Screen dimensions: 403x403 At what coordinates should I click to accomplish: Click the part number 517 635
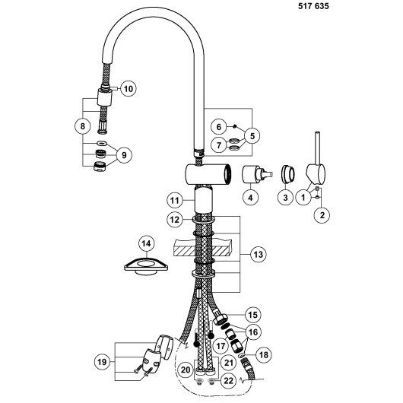pyautogui.click(x=313, y=6)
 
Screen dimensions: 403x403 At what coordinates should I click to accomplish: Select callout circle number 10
pyautogui.click(x=129, y=89)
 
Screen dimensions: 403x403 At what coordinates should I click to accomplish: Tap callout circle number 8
pyautogui.click(x=83, y=126)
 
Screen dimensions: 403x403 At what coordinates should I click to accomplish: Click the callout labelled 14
pyautogui.click(x=146, y=243)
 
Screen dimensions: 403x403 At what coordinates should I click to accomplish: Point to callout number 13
pyautogui.click(x=259, y=255)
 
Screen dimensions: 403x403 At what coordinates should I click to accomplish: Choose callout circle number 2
pyautogui.click(x=322, y=215)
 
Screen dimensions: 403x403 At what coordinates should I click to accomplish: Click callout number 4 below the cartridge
pyautogui.click(x=250, y=198)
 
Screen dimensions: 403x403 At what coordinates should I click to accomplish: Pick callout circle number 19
pyautogui.click(x=102, y=362)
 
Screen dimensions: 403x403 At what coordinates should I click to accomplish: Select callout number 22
pyautogui.click(x=228, y=381)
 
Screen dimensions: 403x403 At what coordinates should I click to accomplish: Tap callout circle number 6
pyautogui.click(x=219, y=127)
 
